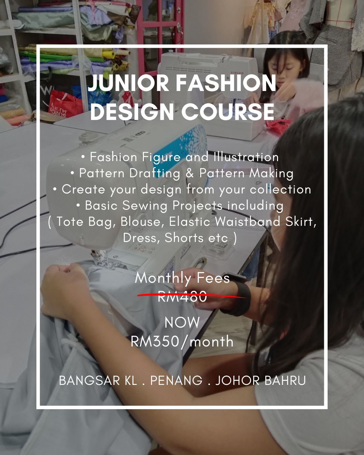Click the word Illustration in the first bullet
tap(246, 157)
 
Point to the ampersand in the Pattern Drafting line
tap(190, 173)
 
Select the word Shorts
tap(184, 238)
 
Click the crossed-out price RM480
tap(182, 297)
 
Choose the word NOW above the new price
tap(182, 323)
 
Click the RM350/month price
tap(182, 341)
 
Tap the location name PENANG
tap(176, 381)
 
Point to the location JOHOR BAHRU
tap(260, 381)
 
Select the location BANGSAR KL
tap(98, 381)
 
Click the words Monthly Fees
tap(182, 278)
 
